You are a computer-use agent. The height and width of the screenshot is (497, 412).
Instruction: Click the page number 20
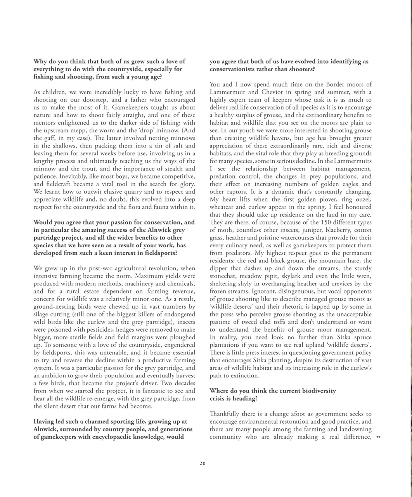pos(203,463)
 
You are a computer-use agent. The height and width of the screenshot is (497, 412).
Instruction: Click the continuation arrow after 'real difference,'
pos(379,437)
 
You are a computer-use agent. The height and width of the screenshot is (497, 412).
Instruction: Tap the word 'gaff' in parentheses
pos(48,138)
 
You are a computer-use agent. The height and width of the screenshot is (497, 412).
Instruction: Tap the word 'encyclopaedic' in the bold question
pos(140,437)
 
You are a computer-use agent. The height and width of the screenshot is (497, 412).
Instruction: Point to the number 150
pos(327,222)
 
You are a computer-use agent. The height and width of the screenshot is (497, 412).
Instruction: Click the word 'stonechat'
pos(223,276)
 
